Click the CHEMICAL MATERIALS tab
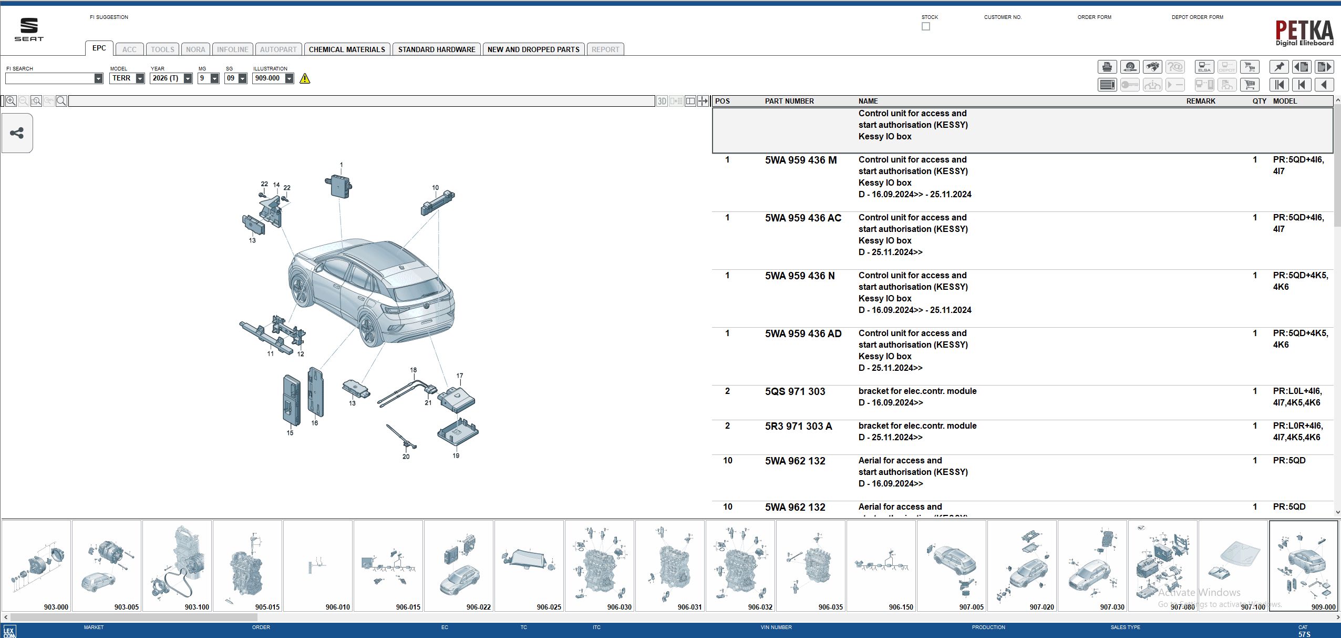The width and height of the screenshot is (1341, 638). (347, 49)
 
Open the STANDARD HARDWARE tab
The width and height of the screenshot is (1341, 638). (436, 49)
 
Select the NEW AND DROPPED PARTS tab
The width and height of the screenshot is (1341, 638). (533, 49)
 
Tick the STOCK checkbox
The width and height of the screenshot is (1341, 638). (925, 26)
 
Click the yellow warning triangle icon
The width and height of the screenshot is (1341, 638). (305, 78)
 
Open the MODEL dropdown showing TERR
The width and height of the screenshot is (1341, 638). (140, 78)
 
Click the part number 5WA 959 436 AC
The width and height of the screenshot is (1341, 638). (803, 218)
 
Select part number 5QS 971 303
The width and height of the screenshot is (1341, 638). (795, 391)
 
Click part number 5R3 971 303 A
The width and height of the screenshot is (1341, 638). (798, 426)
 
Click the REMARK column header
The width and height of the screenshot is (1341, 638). (1200, 101)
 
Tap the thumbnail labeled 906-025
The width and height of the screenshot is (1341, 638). (529, 565)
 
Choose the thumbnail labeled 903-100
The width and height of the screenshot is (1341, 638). (177, 565)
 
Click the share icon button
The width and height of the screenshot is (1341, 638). (17, 133)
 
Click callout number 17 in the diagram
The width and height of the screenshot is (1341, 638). (460, 376)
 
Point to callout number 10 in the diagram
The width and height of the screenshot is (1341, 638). (435, 187)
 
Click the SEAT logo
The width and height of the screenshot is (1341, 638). (29, 29)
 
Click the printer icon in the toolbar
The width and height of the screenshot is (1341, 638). (1107, 67)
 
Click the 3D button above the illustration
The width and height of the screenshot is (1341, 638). (662, 101)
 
